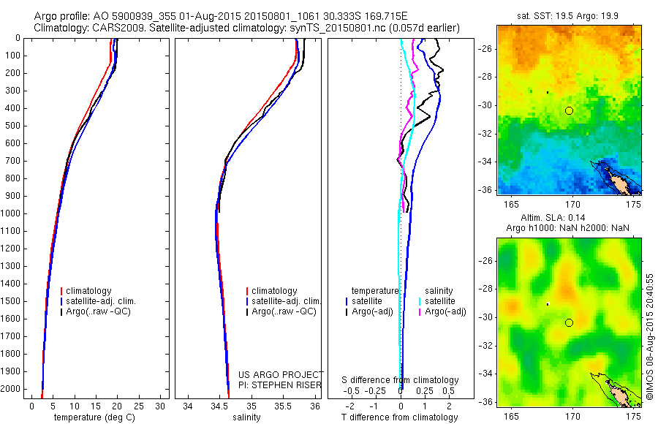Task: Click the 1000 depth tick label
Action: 12,213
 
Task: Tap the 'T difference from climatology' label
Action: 399,417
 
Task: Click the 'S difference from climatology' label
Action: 400,380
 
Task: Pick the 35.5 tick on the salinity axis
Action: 282,406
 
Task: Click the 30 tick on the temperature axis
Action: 162,406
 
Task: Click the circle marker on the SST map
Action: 569,110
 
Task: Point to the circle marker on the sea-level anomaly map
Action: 569,322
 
